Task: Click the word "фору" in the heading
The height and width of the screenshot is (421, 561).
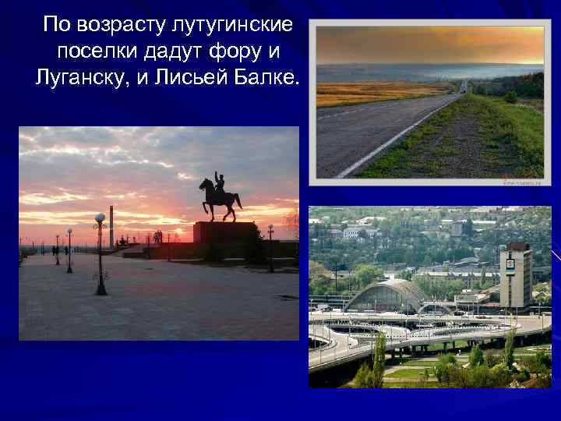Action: point(232,51)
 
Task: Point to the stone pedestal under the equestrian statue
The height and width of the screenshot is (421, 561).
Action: point(225,233)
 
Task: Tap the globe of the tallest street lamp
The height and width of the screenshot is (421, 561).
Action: point(100,218)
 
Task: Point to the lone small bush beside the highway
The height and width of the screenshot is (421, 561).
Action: point(510,97)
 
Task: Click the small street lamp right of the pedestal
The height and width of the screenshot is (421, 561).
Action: point(270,237)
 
